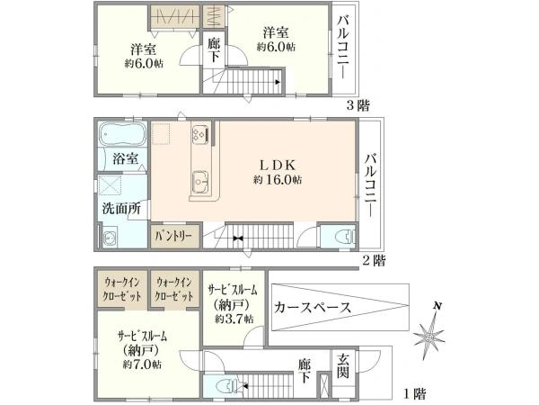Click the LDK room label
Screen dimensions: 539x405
click(277, 166)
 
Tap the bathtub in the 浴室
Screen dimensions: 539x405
click(121, 135)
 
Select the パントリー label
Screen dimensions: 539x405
click(173, 237)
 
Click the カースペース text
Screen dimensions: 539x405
click(312, 307)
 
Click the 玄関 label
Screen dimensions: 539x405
click(343, 367)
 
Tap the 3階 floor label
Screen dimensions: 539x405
click(358, 104)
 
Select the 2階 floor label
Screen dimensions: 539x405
click(375, 260)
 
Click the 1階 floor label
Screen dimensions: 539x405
click(415, 393)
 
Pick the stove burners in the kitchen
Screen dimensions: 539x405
click(201, 133)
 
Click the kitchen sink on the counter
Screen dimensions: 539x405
click(199, 183)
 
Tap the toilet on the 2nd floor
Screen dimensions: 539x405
click(345, 237)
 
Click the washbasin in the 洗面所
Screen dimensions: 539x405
click(110, 238)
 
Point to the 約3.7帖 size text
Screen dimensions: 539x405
click(234, 319)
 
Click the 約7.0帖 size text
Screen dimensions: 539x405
click(142, 364)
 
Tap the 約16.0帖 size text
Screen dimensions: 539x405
click(278, 179)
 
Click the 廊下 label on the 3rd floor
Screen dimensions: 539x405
click(214, 50)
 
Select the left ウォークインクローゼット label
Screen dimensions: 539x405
click(122, 289)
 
